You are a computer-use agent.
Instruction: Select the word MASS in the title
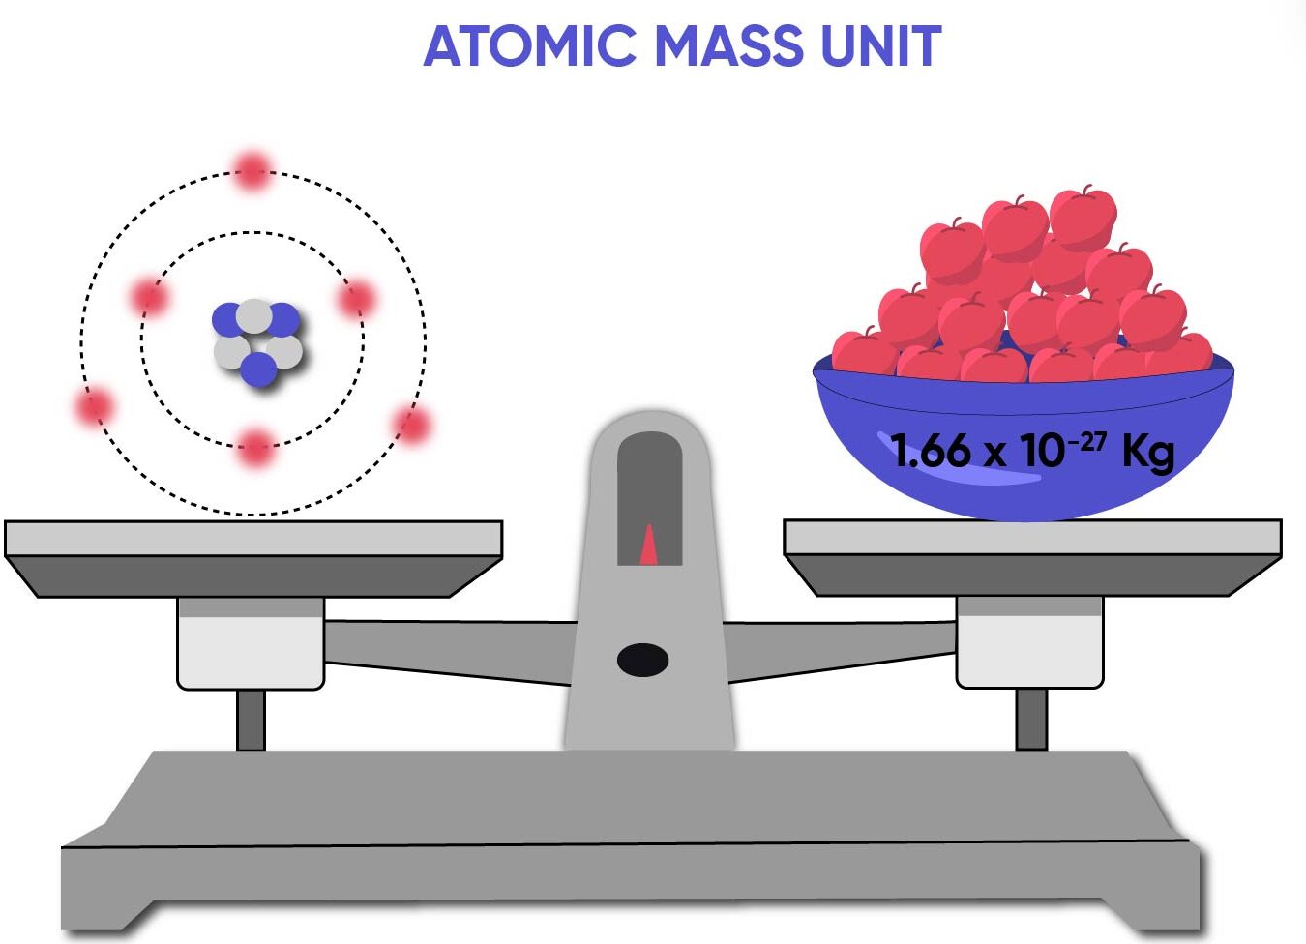click(x=727, y=45)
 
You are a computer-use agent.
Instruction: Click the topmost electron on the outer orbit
click(x=252, y=170)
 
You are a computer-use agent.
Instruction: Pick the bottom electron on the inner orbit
click(x=255, y=447)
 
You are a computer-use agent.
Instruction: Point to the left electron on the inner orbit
click(x=149, y=297)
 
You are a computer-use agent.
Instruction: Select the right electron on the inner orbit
click(x=356, y=299)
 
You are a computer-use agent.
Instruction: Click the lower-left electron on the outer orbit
click(x=95, y=406)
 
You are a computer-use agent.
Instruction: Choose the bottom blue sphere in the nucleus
click(x=259, y=369)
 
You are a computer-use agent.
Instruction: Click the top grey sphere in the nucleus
click(x=254, y=315)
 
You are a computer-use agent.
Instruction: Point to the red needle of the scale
click(x=649, y=546)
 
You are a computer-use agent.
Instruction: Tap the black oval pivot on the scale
click(x=642, y=660)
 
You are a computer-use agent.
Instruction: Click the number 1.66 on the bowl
click(x=931, y=451)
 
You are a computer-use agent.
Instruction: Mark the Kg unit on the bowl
click(x=1147, y=452)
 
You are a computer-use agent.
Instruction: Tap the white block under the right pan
click(x=1029, y=646)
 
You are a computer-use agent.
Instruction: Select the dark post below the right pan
click(x=1031, y=719)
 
